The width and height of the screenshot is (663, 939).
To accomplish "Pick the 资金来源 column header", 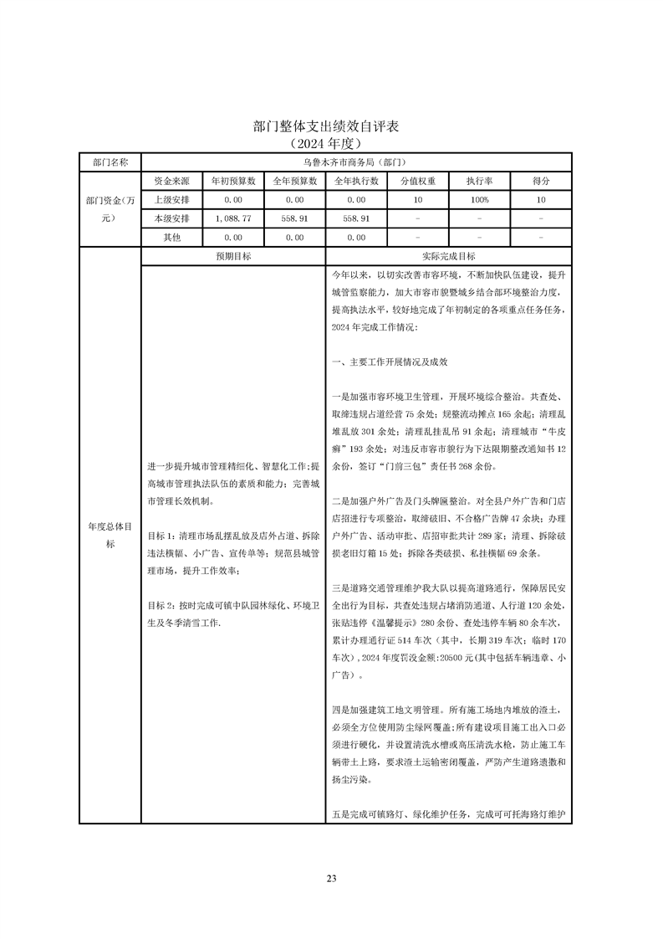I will [x=171, y=181].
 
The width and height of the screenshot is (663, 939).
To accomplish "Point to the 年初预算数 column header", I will [x=233, y=181].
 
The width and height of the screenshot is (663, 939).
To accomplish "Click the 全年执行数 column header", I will [x=357, y=181].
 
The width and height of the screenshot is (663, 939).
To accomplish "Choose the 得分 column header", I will [x=541, y=181].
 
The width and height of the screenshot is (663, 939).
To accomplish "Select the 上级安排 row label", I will [x=171, y=200].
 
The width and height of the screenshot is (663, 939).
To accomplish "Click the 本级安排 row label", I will [x=171, y=218].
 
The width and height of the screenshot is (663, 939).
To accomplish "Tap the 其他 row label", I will [x=171, y=238].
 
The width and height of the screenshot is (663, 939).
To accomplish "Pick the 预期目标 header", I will [x=233, y=256].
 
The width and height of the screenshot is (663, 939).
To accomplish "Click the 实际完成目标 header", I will [x=449, y=256].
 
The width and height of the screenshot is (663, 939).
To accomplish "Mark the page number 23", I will [x=331, y=879].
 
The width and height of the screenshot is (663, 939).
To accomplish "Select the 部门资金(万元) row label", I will [x=110, y=208].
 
